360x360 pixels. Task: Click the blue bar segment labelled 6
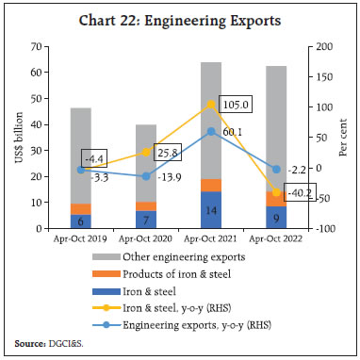[80, 221]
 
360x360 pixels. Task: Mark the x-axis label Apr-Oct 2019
[80, 238]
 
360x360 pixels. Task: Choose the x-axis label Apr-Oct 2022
[274, 238]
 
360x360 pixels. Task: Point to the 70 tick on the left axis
[36, 46]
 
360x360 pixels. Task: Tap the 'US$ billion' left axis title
[15, 138]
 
